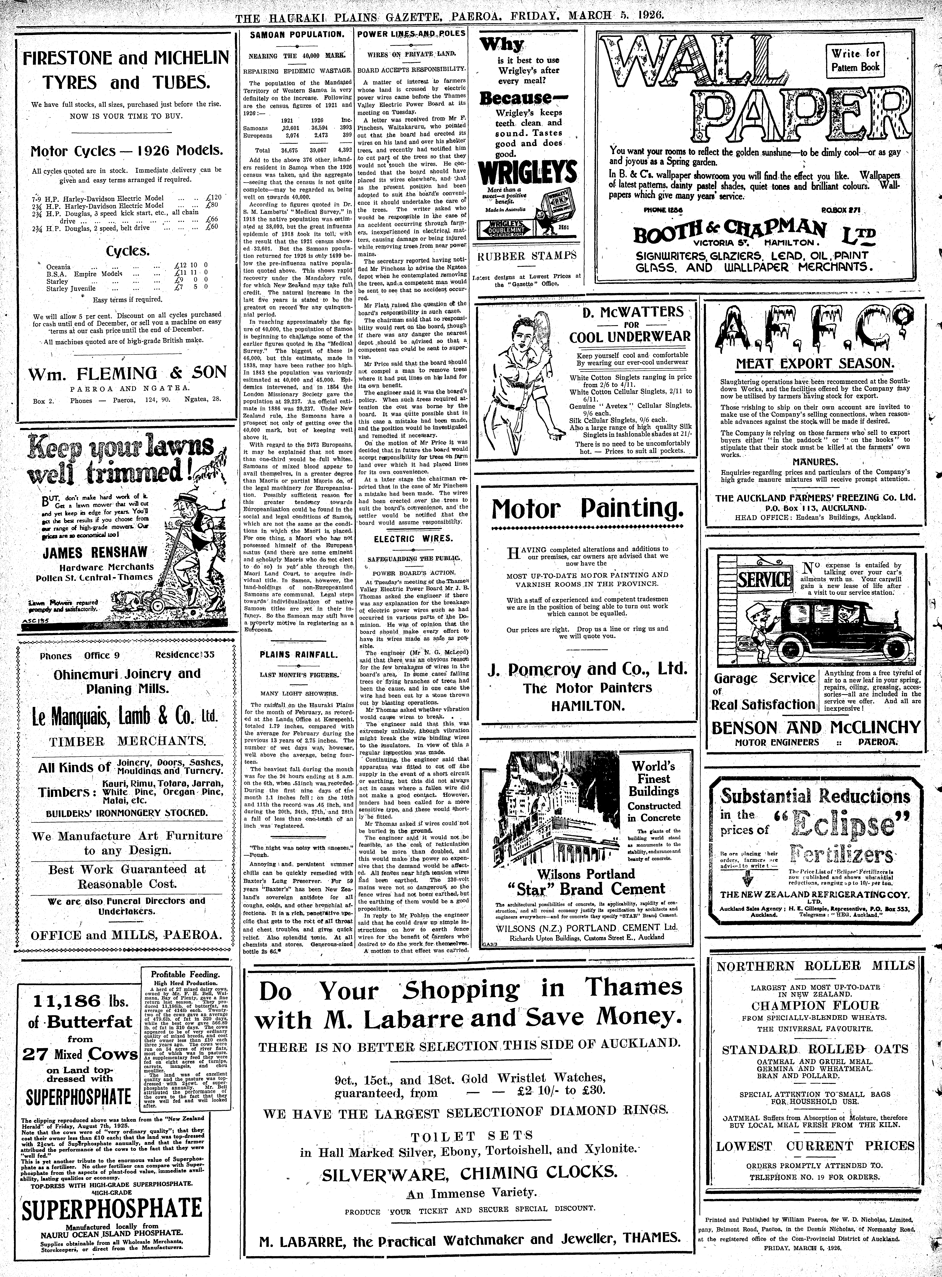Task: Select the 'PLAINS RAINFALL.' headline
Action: click(298, 654)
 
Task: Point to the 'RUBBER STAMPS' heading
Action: click(526, 256)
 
